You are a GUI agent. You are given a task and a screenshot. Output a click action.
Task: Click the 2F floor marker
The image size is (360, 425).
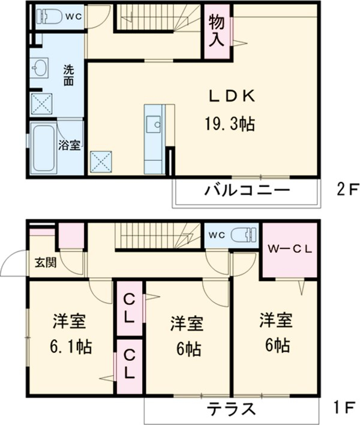pyautogui.click(x=346, y=191)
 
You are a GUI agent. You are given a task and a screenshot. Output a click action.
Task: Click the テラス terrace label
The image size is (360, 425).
pyautogui.click(x=232, y=410)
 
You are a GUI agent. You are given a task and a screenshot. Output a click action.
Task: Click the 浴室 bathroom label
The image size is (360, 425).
pyautogui.click(x=69, y=145)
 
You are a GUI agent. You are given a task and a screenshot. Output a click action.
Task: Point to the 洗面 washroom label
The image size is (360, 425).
pyautogui.click(x=69, y=75)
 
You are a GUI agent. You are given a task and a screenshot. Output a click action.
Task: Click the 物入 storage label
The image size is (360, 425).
pyautogui.click(x=217, y=31)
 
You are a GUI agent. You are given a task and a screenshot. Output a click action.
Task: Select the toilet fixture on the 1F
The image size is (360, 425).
pyautogui.click(x=246, y=234)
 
